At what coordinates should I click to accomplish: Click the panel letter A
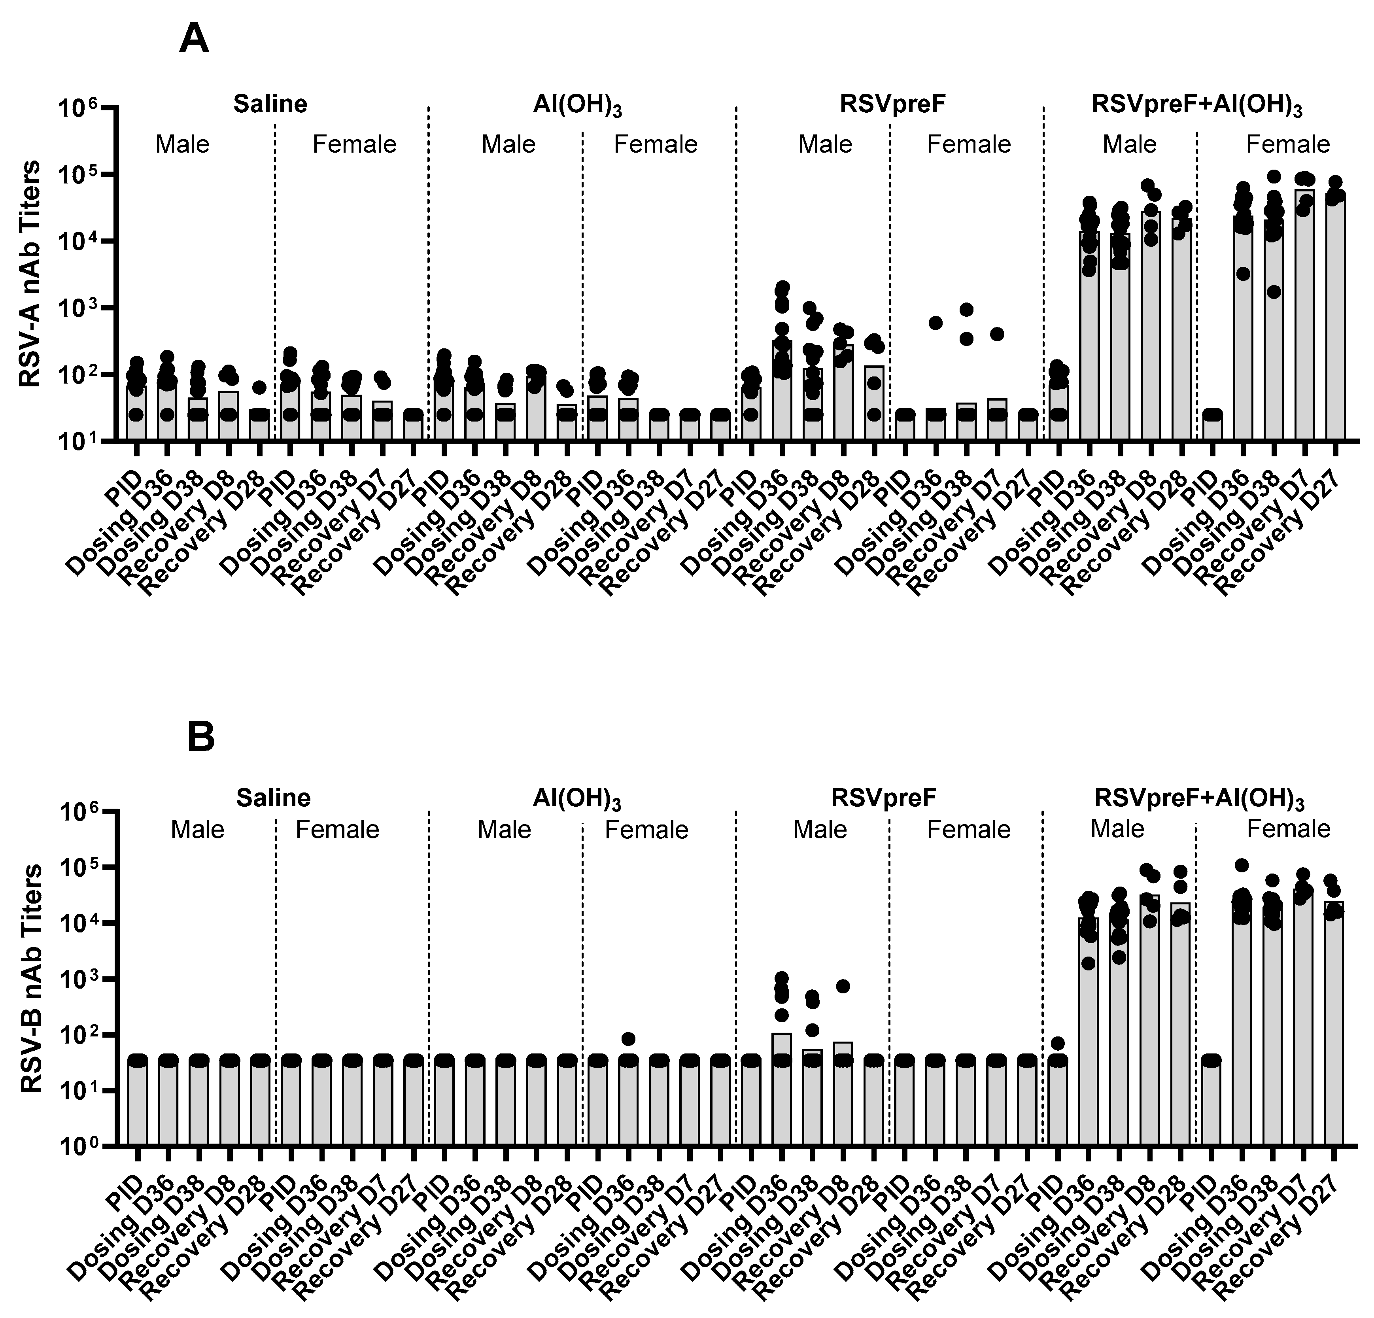pos(194,39)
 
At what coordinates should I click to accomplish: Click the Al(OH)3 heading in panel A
pos(577,106)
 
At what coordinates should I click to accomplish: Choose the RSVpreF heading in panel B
pos(884,798)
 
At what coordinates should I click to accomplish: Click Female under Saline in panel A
pos(355,144)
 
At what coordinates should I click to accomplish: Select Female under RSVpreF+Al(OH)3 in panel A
pos(1288,144)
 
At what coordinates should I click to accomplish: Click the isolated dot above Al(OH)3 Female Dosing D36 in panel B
pos(629,1038)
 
